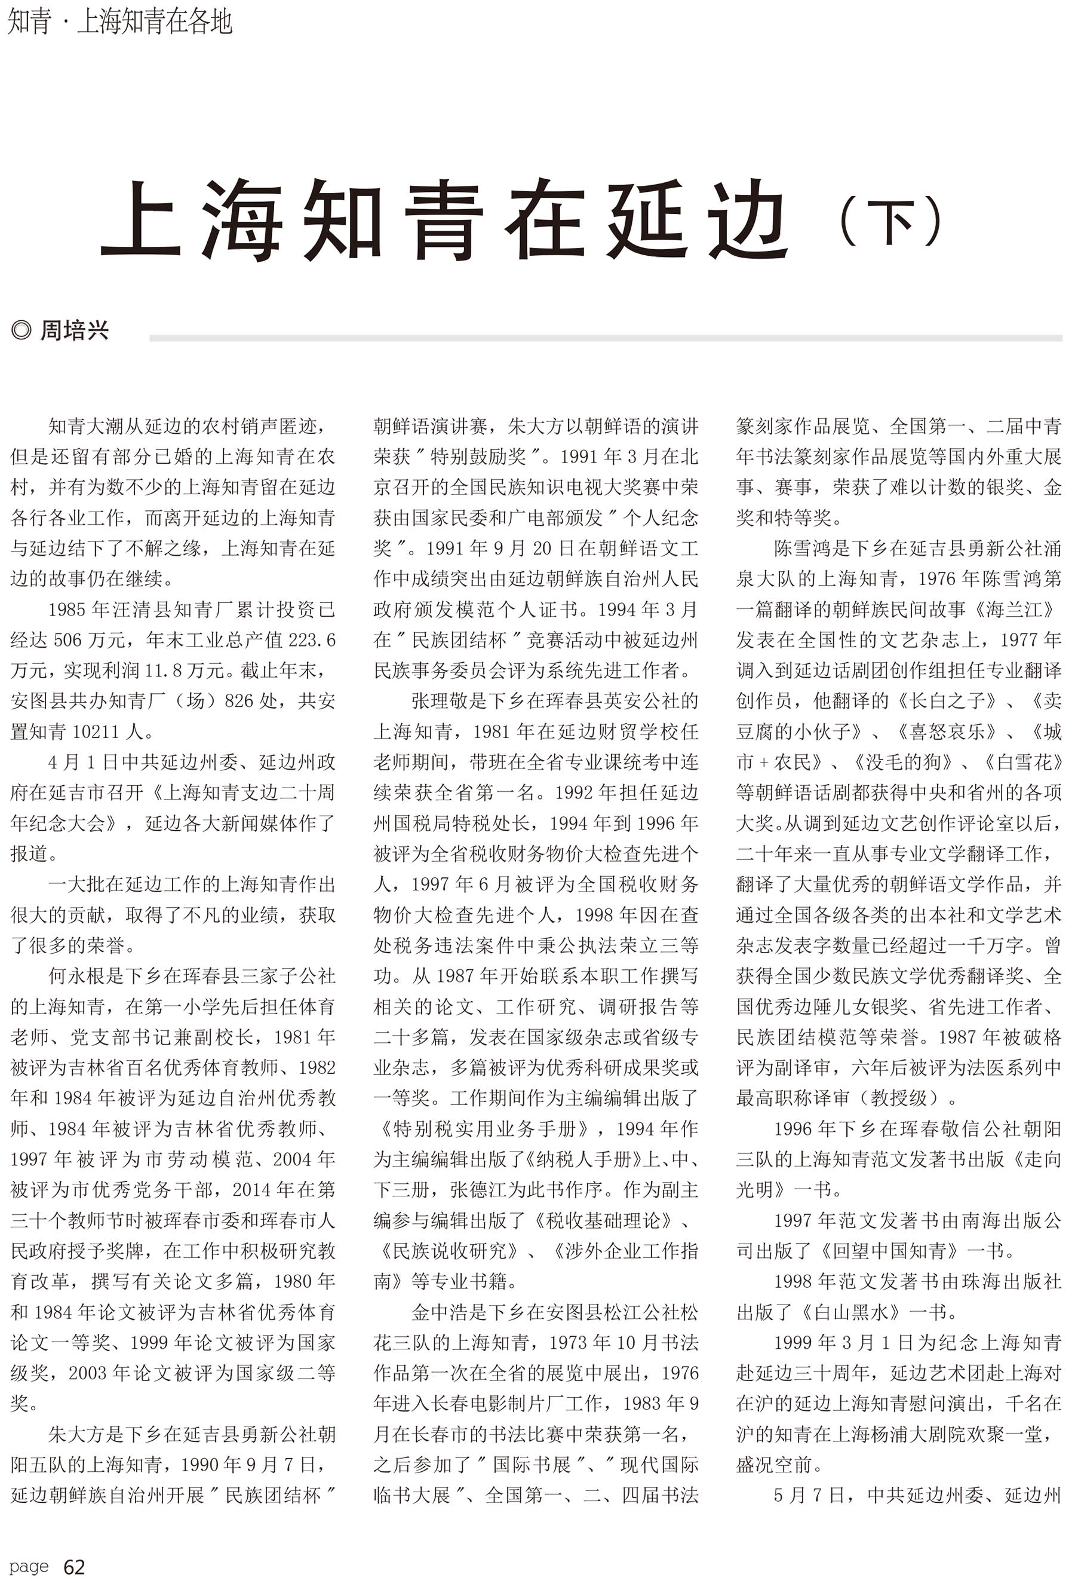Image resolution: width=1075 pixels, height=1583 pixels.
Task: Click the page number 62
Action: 73,1567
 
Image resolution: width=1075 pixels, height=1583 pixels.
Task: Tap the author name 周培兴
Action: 74,330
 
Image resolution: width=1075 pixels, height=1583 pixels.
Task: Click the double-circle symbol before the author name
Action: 21,330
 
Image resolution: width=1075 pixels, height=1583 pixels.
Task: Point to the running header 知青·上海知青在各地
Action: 120,22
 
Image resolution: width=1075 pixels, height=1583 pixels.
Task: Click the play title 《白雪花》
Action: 1022,762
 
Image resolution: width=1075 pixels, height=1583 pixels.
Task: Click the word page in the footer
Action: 29,1567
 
